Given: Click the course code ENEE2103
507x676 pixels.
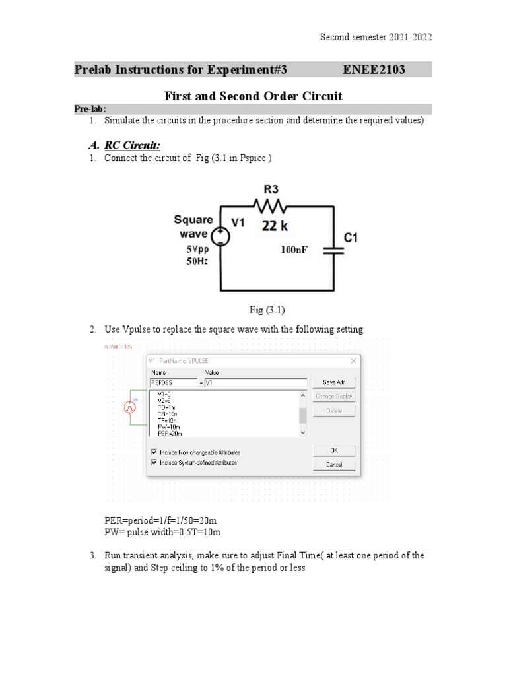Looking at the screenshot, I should click(374, 70).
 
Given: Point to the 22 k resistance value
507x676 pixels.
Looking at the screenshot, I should click(275, 226).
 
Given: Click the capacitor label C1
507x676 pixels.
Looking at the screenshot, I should click(350, 236).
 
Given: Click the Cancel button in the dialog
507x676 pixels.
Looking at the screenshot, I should click(334, 465).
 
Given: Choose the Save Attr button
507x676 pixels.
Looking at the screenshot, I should click(334, 382).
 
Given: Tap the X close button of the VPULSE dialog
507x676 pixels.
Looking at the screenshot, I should click(353, 361).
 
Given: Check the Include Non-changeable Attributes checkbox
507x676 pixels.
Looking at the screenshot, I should click(154, 452).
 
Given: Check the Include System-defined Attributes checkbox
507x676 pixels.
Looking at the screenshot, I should click(154, 463).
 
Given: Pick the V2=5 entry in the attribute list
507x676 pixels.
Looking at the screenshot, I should click(165, 401).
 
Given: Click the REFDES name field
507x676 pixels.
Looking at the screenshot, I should click(173, 382).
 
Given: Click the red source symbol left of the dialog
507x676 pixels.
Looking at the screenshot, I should click(130, 408).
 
